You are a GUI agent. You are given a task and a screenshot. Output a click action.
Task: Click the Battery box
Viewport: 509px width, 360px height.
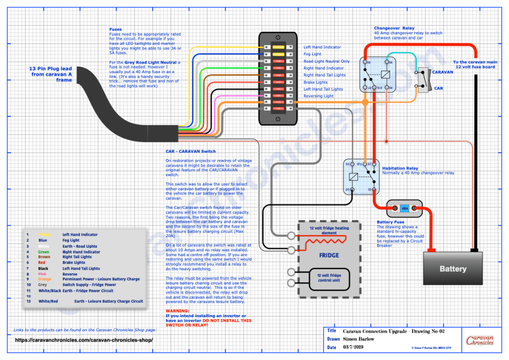(453, 269)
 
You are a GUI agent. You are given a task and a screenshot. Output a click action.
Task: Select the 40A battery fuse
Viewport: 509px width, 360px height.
(404, 208)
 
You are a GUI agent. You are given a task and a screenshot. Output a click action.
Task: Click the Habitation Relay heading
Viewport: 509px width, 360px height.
(401, 168)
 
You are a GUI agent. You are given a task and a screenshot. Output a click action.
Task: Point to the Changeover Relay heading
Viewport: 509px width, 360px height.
(394, 28)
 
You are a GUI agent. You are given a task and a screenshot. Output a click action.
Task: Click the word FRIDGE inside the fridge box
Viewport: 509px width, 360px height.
(329, 255)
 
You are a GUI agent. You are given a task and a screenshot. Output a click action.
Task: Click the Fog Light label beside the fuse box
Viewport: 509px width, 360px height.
(313, 54)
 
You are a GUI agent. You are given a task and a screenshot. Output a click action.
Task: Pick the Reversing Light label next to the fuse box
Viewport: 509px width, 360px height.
(319, 96)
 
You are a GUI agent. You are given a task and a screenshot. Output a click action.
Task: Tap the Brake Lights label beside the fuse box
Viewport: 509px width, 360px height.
(316, 82)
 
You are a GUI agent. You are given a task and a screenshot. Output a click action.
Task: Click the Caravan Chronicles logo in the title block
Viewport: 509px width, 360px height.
(480, 341)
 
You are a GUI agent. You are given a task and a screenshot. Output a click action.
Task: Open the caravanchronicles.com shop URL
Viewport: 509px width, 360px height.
(84, 340)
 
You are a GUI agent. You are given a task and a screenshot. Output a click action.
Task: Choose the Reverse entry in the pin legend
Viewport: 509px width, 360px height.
(70, 273)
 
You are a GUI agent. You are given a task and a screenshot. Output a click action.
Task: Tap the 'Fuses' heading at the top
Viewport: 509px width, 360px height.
(115, 29)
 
